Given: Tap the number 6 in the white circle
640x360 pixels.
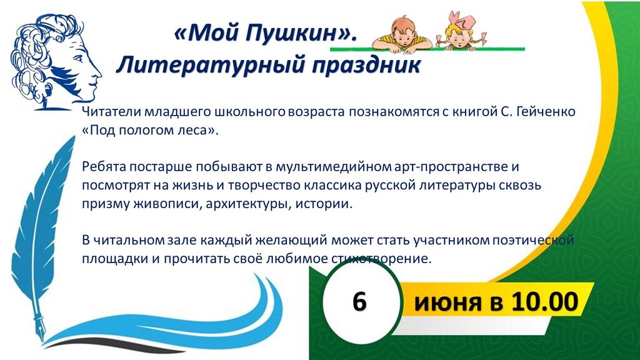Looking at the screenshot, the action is (359, 302).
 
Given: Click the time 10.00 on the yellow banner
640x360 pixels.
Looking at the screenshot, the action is (544, 302).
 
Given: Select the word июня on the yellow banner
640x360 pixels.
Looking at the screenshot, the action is (447, 303).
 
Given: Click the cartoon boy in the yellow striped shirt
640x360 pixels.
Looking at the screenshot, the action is (402, 34).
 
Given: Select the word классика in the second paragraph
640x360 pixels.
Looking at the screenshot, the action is (332, 185).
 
